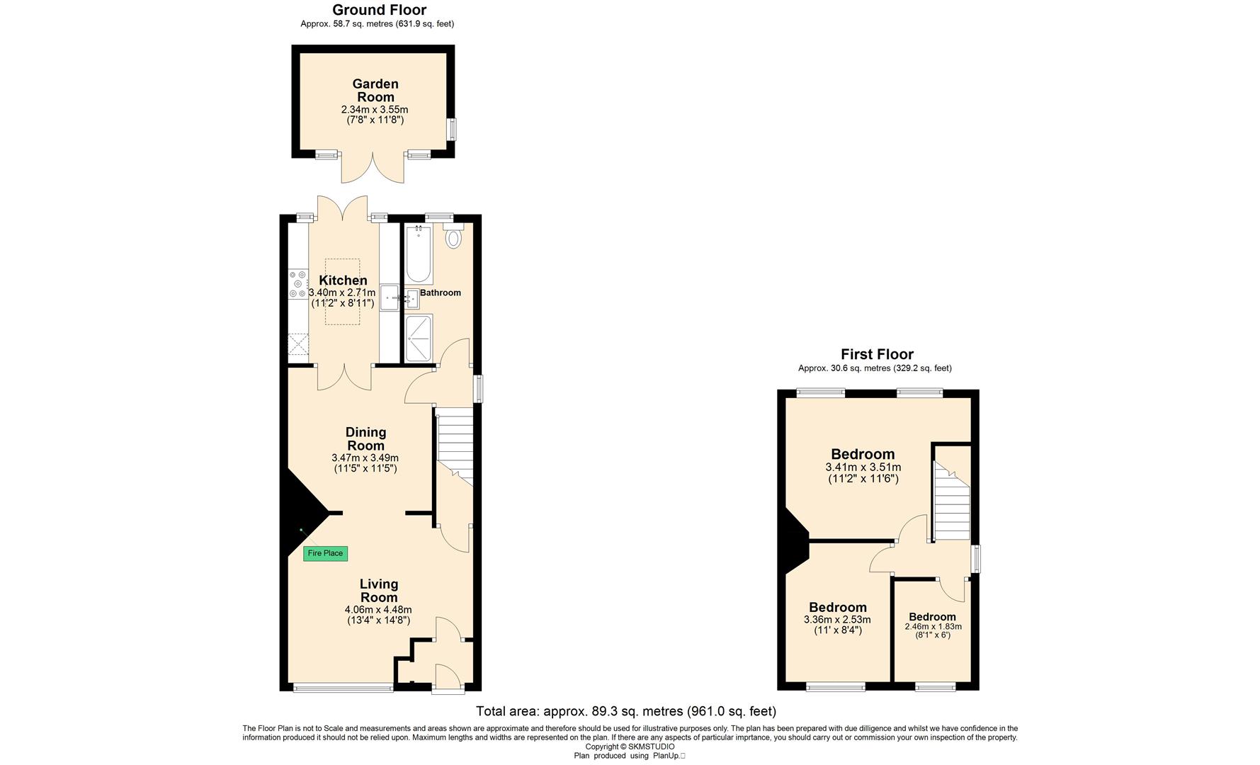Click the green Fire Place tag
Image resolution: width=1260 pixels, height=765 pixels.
click(x=325, y=553)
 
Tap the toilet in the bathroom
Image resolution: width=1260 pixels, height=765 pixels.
click(x=453, y=235)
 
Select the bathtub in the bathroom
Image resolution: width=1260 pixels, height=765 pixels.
click(x=419, y=254)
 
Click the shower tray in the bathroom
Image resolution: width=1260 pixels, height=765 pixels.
click(x=419, y=338)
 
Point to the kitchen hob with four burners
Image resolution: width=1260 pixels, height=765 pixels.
click(x=297, y=283)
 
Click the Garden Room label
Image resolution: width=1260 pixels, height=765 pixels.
click(x=375, y=91)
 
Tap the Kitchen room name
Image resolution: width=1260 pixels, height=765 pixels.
click(x=343, y=280)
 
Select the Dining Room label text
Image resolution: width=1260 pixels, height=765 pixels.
click(x=365, y=438)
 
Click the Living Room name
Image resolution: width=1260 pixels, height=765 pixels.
click(x=379, y=590)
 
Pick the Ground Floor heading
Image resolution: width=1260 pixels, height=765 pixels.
click(x=379, y=10)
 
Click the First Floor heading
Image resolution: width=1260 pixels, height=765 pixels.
click(x=877, y=354)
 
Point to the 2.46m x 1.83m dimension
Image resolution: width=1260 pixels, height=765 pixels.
click(x=933, y=627)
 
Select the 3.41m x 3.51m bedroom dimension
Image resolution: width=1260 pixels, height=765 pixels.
click(x=863, y=467)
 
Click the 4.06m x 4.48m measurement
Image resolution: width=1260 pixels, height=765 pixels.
click(x=378, y=610)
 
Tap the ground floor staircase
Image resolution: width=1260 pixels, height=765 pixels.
click(x=454, y=446)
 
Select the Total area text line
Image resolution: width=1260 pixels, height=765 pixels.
click(x=626, y=711)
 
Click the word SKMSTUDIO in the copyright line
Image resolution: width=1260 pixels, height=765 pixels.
click(x=652, y=747)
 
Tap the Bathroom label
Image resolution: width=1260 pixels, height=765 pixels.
click(x=441, y=293)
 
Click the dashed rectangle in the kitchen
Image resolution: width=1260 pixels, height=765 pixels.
click(x=343, y=292)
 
